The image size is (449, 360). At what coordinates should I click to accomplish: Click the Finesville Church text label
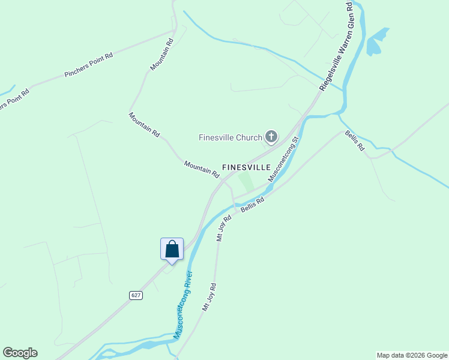tap(231, 137)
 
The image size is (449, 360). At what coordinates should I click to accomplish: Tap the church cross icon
tap(271, 137)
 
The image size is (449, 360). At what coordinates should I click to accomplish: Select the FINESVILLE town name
tap(246, 167)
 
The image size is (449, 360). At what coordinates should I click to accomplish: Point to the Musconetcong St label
tap(283, 160)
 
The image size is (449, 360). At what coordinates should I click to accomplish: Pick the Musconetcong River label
tap(182, 305)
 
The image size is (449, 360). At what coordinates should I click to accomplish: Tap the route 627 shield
tap(136, 295)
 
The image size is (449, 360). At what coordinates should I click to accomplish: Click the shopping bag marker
tap(172, 249)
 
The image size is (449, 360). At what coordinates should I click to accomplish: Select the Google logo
tap(20, 353)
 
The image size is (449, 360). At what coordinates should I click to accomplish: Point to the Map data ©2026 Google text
tap(412, 355)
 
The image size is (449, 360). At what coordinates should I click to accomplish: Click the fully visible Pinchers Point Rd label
tap(88, 66)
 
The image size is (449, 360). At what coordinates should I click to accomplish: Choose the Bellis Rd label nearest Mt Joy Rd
tap(252, 205)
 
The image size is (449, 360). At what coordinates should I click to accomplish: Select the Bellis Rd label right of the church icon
tap(354, 140)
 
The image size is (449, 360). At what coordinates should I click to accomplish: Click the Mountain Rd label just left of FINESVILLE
tap(202, 169)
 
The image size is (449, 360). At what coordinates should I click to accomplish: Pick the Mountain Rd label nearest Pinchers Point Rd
tap(161, 56)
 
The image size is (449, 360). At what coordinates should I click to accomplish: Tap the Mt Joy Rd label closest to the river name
tap(208, 296)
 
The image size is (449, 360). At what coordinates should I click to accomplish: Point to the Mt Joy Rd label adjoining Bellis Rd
tap(223, 228)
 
